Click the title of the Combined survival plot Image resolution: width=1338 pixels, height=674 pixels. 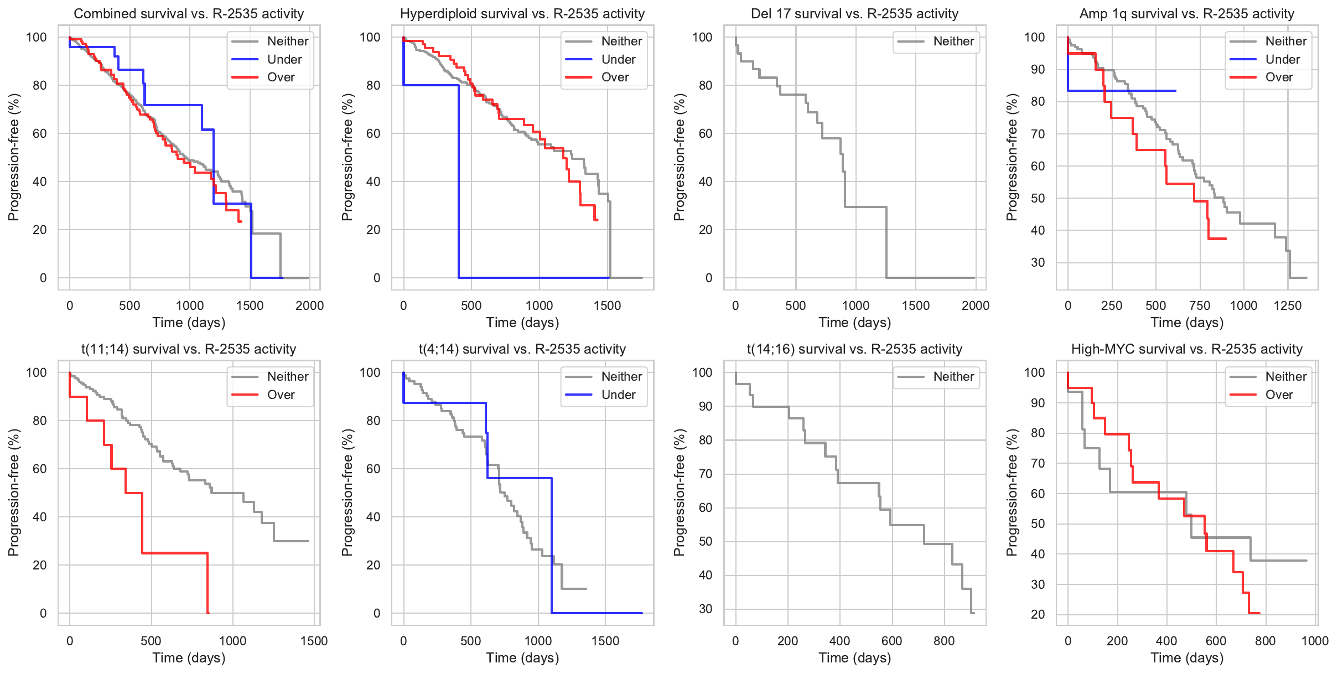(x=189, y=14)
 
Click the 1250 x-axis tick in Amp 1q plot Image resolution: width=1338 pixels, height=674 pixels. (x=1287, y=305)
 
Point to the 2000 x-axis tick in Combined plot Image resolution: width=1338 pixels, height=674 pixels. (x=309, y=305)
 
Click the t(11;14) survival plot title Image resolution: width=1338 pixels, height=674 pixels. (x=189, y=349)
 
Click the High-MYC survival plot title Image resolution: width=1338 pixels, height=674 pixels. (x=1187, y=349)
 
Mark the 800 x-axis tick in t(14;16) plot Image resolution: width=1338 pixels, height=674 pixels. (x=944, y=641)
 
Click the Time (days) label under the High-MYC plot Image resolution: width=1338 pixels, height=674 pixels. (x=1187, y=658)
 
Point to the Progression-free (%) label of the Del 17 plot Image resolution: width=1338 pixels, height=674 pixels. (x=680, y=157)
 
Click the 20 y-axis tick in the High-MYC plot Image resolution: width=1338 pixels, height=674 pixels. (x=1038, y=614)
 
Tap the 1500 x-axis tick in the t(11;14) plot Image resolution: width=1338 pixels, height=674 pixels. (x=314, y=641)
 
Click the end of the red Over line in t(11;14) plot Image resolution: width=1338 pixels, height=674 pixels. (x=208, y=613)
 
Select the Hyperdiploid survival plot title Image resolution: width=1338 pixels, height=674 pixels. (x=522, y=14)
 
